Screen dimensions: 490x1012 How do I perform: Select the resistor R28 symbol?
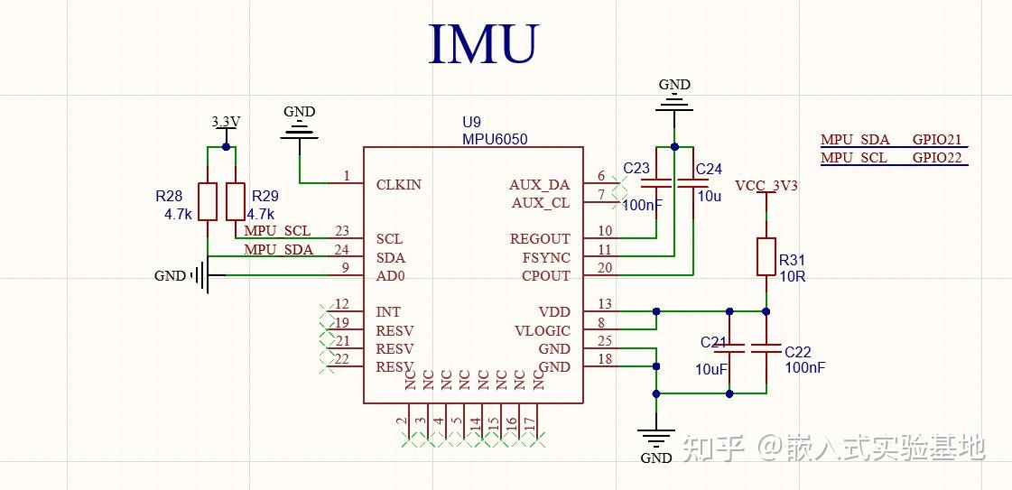click(x=208, y=201)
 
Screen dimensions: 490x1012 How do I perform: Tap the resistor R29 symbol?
click(x=236, y=201)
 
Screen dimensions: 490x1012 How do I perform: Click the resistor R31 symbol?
click(x=766, y=256)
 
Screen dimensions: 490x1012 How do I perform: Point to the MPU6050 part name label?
click(x=495, y=140)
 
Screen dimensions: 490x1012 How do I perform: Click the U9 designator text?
click(x=472, y=123)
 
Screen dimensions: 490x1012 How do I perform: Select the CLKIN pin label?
click(x=398, y=185)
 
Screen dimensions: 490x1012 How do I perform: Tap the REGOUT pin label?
click(x=540, y=239)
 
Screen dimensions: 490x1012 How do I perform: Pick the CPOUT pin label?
click(x=545, y=275)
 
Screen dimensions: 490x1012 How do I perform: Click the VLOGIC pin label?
click(x=543, y=330)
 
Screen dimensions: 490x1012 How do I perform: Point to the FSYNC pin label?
click(x=545, y=257)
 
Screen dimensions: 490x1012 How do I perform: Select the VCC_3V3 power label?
click(x=766, y=186)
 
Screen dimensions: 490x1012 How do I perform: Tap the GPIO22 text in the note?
click(x=938, y=158)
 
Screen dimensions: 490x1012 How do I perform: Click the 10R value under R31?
click(x=793, y=276)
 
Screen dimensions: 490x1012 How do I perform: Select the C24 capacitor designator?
click(x=709, y=170)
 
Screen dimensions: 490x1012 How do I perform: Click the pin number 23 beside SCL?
click(x=341, y=232)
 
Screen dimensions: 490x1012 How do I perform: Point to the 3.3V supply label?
click(x=226, y=122)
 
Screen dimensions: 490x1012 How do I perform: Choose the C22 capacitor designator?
click(x=798, y=352)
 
